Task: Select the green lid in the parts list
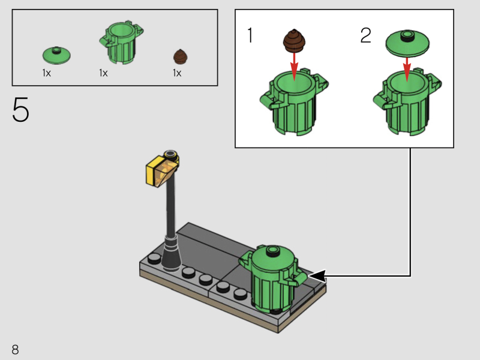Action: point(57,55)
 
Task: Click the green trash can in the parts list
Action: point(122,44)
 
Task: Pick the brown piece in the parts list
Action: point(181,56)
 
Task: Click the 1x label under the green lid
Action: point(46,73)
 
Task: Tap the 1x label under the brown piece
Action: point(177,73)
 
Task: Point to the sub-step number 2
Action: point(365,36)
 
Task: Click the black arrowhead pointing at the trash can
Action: point(317,276)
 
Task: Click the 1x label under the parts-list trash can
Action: point(103,73)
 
